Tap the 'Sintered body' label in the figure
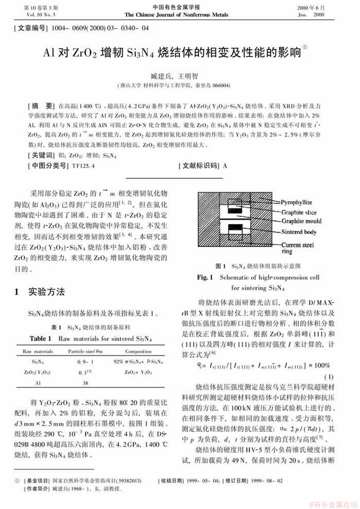coord(299,232)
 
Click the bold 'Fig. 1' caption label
coord(205,277)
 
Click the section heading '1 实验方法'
coord(40,292)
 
